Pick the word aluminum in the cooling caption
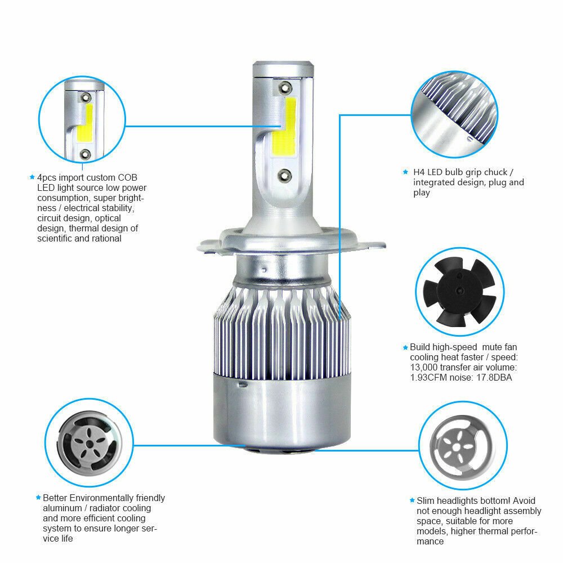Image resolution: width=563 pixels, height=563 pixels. (x=62, y=508)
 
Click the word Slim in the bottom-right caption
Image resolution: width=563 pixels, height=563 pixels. (x=426, y=501)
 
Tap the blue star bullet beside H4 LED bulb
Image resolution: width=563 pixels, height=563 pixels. (x=405, y=172)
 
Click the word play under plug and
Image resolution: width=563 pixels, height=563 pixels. (x=421, y=193)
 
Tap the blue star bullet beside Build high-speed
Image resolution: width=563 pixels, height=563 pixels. (x=405, y=347)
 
